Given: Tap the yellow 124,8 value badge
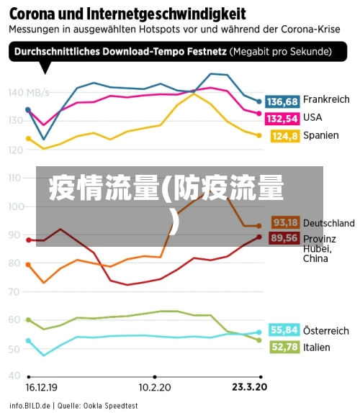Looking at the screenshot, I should [x=284, y=135].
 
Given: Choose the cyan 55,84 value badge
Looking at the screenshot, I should [x=284, y=330].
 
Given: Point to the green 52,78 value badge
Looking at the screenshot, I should [x=284, y=347].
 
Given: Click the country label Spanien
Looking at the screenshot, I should [x=320, y=135].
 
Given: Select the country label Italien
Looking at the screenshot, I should [x=317, y=347].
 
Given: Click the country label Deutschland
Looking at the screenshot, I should [x=328, y=223].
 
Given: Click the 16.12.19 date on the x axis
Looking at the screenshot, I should [x=42, y=386].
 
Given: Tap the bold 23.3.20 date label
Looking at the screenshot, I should [x=248, y=386].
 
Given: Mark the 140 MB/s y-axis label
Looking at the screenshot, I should [x=29, y=92].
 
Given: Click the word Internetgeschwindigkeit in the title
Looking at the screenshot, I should [x=164, y=13].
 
